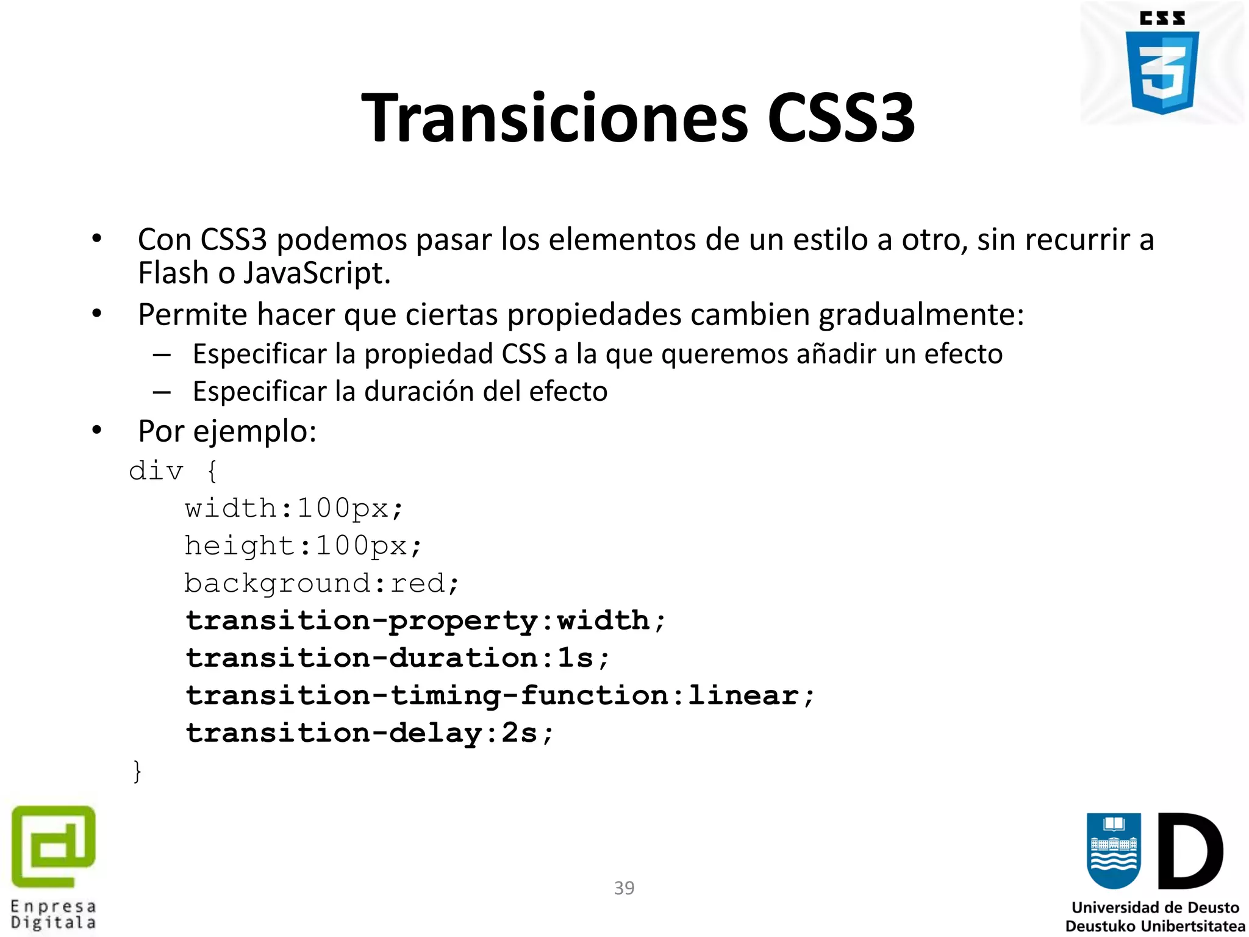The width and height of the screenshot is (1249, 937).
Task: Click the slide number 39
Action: tap(624, 888)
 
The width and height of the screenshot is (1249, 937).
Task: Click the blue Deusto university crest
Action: tap(1113, 851)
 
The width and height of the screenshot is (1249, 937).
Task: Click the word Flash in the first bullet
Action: tap(173, 273)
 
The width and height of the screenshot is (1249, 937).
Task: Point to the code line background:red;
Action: tap(321, 584)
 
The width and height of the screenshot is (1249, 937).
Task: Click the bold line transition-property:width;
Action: tap(425, 621)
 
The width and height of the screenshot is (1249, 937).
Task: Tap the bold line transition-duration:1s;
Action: tap(398, 658)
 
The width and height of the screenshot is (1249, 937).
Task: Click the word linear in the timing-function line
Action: tap(743, 696)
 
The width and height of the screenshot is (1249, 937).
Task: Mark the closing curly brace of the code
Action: tap(137, 771)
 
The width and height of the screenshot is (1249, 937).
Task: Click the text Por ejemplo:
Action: tap(227, 431)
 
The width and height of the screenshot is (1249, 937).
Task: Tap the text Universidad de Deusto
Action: tap(1155, 908)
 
